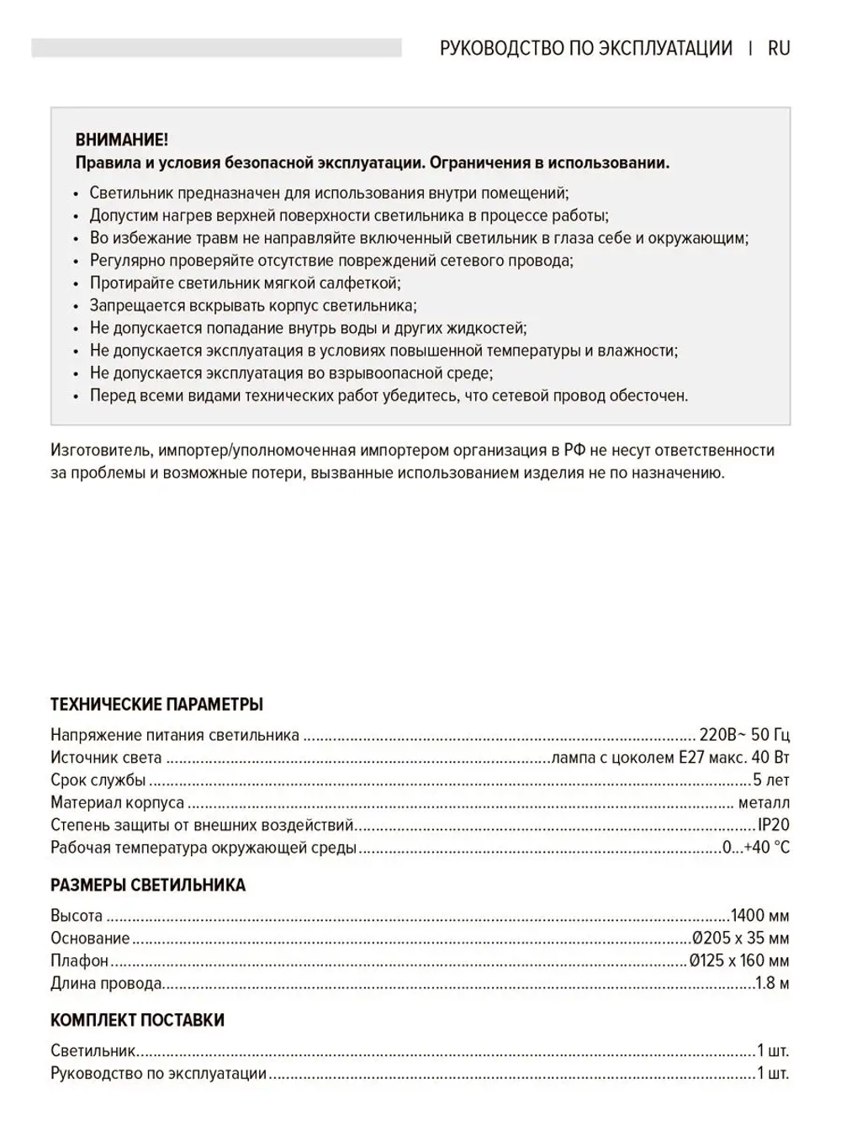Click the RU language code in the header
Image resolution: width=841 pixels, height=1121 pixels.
pyautogui.click(x=779, y=48)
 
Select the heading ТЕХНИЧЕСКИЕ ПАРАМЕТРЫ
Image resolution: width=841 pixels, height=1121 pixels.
pyautogui.click(x=157, y=704)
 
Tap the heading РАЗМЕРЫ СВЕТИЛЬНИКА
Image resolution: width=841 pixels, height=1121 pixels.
pyautogui.click(x=148, y=885)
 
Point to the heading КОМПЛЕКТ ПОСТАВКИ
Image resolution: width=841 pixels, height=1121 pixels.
pyautogui.click(x=137, y=1020)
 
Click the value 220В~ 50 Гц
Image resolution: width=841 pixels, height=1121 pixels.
pyautogui.click(x=744, y=735)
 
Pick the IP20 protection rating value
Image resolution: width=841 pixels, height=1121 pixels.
pyautogui.click(x=774, y=825)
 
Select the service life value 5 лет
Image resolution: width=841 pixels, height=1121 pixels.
pyautogui.click(x=771, y=780)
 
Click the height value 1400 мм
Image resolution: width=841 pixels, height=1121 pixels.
pyautogui.click(x=759, y=916)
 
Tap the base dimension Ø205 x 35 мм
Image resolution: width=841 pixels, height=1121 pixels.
pyautogui.click(x=740, y=939)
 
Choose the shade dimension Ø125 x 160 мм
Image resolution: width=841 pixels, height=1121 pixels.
pyautogui.click(x=738, y=960)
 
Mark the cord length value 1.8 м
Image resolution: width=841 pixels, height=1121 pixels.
pyautogui.click(x=771, y=983)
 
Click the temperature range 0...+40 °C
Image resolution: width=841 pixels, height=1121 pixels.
pyautogui.click(x=756, y=848)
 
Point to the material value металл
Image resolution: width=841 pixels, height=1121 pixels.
pyautogui.click(x=764, y=802)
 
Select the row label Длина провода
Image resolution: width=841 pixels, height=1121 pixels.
pyautogui.click(x=106, y=983)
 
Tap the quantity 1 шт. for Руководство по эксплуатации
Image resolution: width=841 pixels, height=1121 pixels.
pyautogui.click(x=773, y=1073)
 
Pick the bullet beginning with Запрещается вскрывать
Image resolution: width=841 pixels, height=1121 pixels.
pyautogui.click(x=252, y=306)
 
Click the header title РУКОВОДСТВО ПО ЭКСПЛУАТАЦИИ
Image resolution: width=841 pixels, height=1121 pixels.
pyautogui.click(x=585, y=48)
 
